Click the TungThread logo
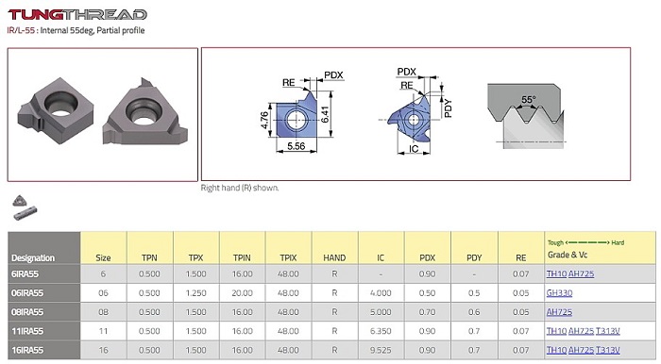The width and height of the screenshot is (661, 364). [77, 15]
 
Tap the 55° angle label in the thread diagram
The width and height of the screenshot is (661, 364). [529, 100]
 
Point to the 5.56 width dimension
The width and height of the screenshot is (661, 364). [296, 146]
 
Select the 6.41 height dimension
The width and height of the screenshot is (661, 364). [325, 114]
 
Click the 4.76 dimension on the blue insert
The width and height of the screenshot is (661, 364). [264, 119]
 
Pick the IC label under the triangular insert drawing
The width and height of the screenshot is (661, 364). [414, 149]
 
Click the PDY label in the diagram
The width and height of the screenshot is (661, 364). [449, 108]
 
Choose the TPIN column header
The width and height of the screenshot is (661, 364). [242, 257]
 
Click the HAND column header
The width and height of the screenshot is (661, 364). [334, 257]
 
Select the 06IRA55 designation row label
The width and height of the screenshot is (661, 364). [27, 293]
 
